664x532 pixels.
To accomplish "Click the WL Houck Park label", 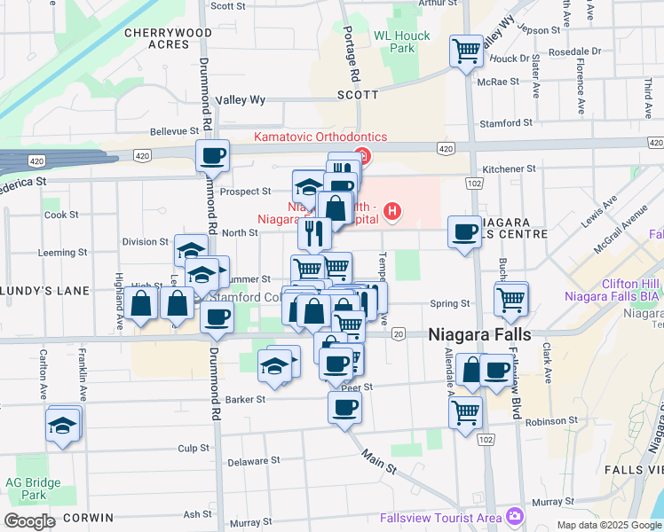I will (x=401, y=42).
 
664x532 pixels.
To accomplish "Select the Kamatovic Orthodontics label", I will (x=320, y=137).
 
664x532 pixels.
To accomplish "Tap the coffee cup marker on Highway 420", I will (x=212, y=156).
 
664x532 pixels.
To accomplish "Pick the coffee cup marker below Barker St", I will (x=344, y=408).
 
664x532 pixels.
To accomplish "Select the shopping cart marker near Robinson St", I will (x=465, y=411).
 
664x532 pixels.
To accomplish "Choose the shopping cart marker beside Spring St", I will (x=511, y=299).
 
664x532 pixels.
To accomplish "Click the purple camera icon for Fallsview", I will (x=514, y=516).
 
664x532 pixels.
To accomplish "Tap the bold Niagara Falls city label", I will (x=479, y=335).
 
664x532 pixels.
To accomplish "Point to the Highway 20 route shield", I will (x=399, y=333).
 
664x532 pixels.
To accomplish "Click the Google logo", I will (x=30, y=521).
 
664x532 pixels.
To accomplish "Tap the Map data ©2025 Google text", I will (x=608, y=525).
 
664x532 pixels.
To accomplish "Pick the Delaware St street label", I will (x=254, y=461).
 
